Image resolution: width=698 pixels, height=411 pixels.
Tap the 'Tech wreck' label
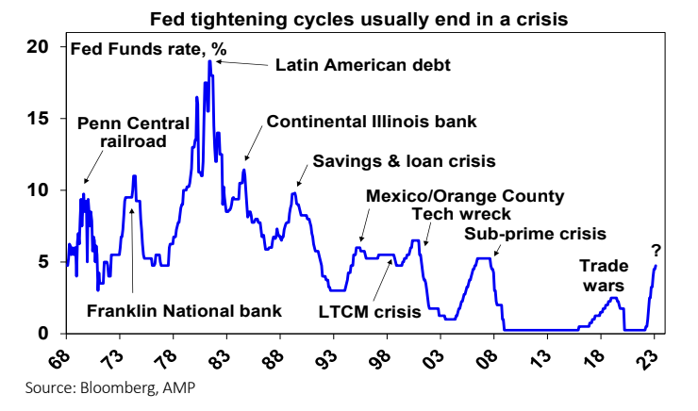pyautogui.click(x=446, y=213)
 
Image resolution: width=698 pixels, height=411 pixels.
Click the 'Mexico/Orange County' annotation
pyautogui.click(x=465, y=196)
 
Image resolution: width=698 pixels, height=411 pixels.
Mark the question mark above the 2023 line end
pyautogui.click(x=655, y=251)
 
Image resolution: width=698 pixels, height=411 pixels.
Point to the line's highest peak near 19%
pyautogui.click(x=209, y=61)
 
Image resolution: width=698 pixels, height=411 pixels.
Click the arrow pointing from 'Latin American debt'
pyautogui.click(x=242, y=63)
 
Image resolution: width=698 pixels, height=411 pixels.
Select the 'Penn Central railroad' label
pyautogui.click(x=122, y=132)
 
